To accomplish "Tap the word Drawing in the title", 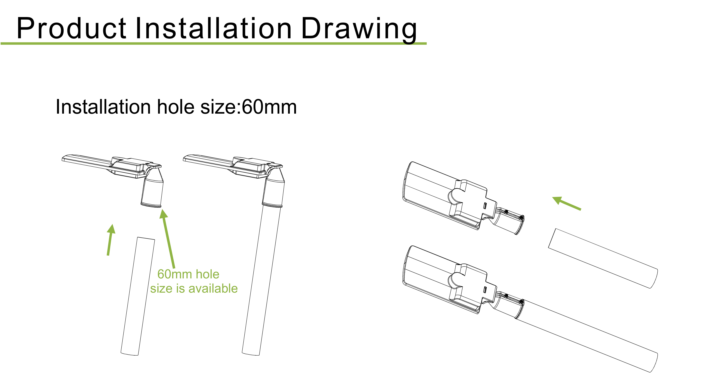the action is pyautogui.click(x=359, y=29).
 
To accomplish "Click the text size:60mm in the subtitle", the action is pyautogui.click(x=248, y=107).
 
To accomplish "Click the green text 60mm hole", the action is pyautogui.click(x=188, y=274).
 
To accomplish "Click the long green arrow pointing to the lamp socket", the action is pyautogui.click(x=167, y=238).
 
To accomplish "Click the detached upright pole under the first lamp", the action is pyautogui.click(x=138, y=296).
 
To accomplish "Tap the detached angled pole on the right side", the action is pyautogui.click(x=603, y=258).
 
